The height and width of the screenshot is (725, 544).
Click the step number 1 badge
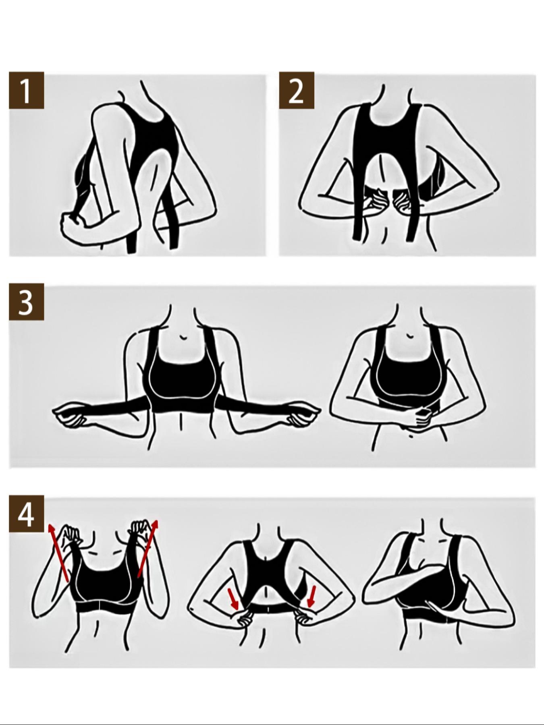click(x=26, y=91)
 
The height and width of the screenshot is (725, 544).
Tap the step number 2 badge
click(x=297, y=91)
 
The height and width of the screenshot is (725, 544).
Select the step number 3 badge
click(x=26, y=302)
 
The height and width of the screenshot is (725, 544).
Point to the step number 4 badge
click(x=26, y=514)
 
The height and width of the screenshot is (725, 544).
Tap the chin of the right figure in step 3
click(x=410, y=335)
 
